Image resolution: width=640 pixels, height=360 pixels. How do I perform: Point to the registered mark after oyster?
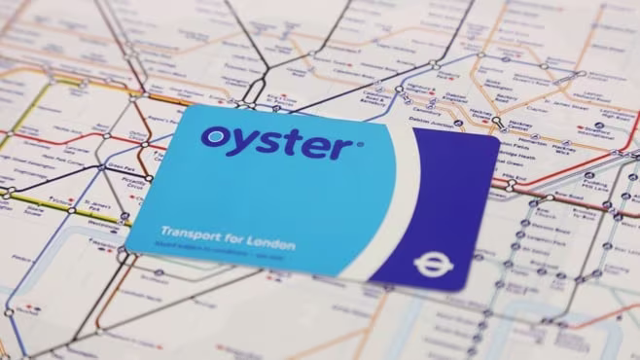(x=360, y=145)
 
